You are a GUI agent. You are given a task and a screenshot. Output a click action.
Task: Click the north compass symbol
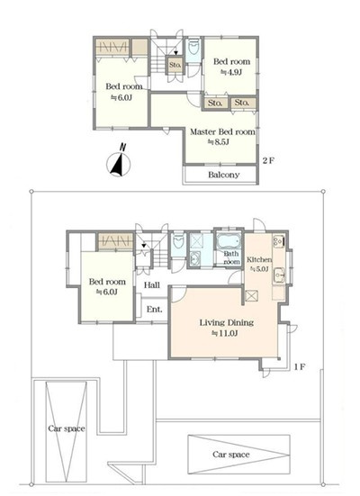pos(119,161)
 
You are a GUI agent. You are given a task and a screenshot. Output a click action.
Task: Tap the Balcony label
pos(224,175)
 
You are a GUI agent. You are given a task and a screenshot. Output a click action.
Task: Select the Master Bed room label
pos(222,132)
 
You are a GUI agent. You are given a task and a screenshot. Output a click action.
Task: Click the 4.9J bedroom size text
pos(231,72)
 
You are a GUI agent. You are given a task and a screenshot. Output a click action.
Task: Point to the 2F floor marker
pos(268,161)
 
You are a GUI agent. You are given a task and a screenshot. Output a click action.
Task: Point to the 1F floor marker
pos(300,367)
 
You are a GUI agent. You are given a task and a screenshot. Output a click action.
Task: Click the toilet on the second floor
pos(193,49)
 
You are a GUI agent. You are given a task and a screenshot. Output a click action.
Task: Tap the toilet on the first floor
pos(178,243)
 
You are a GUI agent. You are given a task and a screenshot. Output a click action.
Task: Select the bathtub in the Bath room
pos(229,241)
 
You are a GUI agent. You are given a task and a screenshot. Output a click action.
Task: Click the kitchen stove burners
pos(279,241)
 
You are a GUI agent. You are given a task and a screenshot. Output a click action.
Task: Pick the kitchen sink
pos(279,275)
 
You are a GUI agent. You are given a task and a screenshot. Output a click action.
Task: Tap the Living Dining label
pos(227,322)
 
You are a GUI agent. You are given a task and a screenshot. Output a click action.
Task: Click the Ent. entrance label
pos(155,310)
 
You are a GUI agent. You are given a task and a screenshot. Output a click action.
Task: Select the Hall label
pos(152,285)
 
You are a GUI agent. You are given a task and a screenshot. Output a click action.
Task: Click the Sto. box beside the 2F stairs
pos(175,65)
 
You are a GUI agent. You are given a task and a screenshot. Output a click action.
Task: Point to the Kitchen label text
pos(259,259)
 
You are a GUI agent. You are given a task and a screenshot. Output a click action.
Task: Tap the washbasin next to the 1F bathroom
pos(194,259)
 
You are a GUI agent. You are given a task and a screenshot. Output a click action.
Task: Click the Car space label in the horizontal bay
pos(231,455)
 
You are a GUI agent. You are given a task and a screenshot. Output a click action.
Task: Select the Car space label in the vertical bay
pos(67,428)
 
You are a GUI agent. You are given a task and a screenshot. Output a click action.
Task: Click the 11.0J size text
pos(224,333)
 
